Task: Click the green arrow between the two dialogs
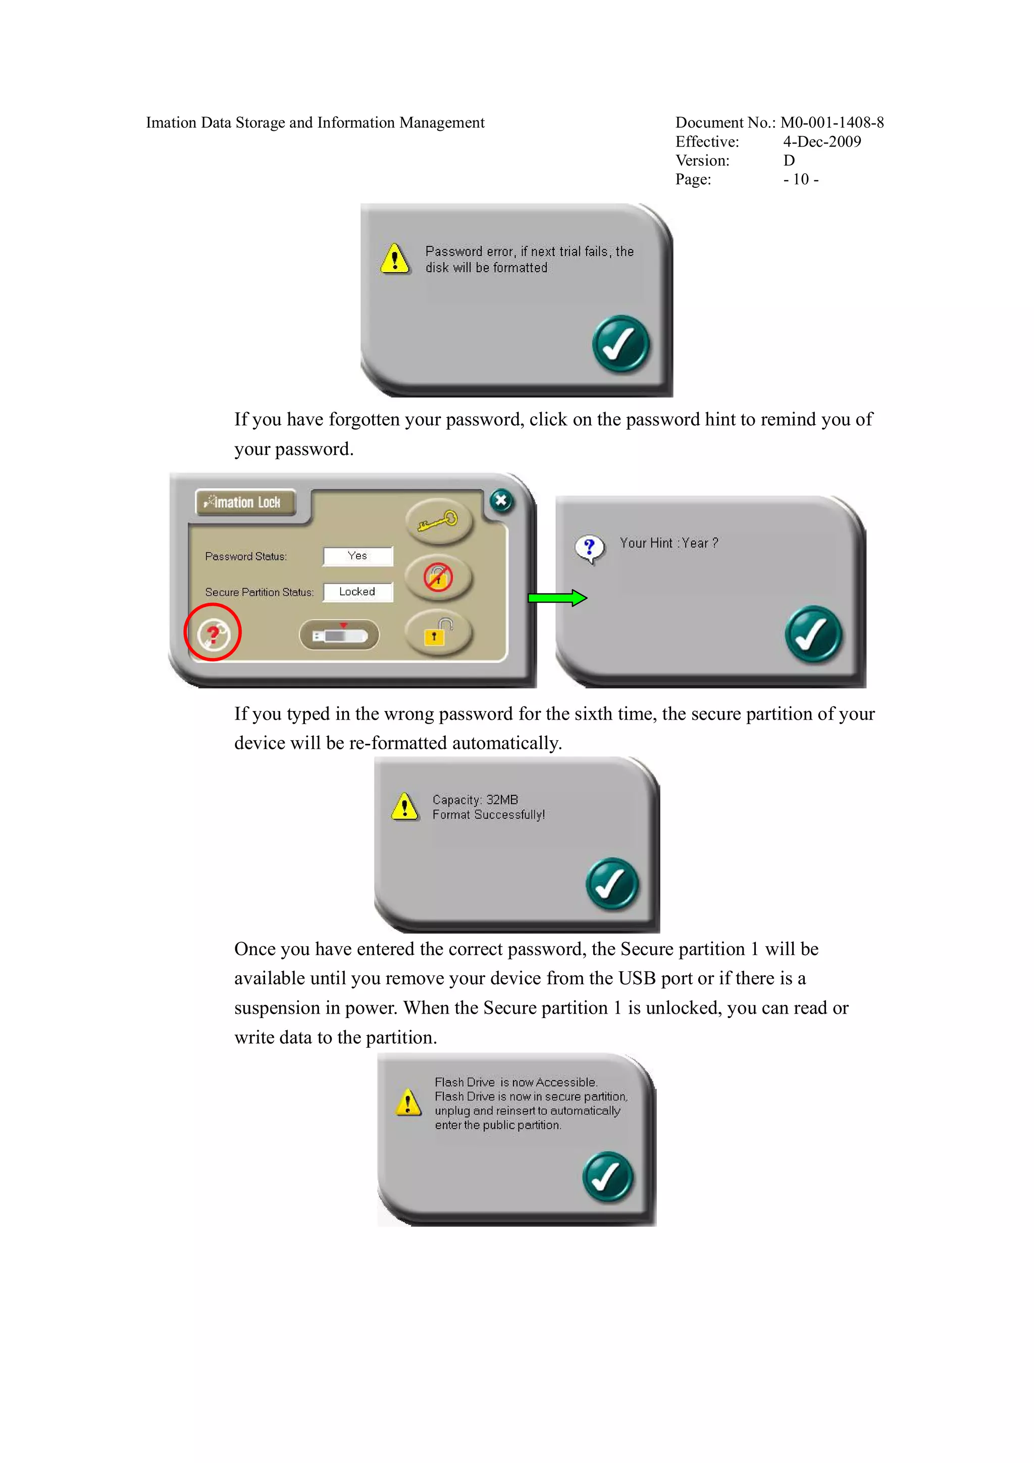557,598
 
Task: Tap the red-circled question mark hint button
213,633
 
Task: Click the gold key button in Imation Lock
439,521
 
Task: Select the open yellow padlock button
439,633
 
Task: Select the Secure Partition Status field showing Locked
357,592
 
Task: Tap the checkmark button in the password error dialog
621,343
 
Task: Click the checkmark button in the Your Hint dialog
813,634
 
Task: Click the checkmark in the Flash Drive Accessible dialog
608,1176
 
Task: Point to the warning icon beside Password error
395,258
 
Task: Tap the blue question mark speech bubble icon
589,548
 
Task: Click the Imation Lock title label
245,502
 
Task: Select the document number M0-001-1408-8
832,122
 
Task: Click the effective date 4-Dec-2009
822,141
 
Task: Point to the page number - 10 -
801,179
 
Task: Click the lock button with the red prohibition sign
439,577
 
